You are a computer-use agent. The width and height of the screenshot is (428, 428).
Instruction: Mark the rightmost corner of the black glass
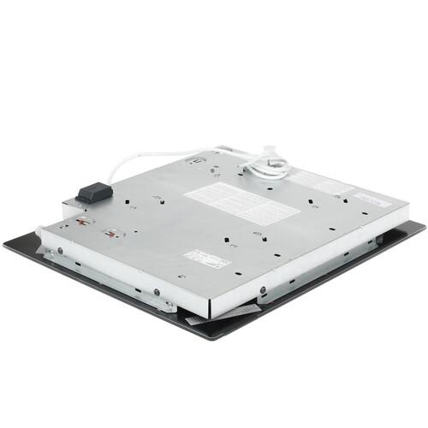pyautogui.click(x=424, y=224)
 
